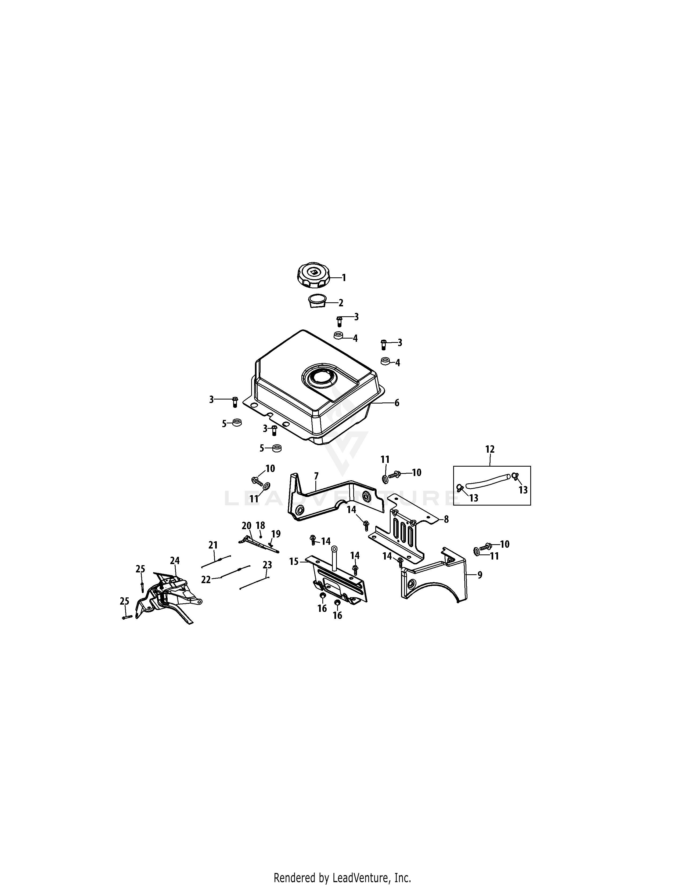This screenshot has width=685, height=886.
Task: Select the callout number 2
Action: [341, 303]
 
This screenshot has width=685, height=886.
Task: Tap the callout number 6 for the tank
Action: [397, 403]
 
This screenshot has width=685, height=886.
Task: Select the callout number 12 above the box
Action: [490, 449]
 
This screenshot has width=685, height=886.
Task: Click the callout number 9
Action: [480, 575]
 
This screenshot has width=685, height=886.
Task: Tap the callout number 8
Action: [446, 519]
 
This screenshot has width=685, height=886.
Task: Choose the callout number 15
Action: [294, 561]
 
